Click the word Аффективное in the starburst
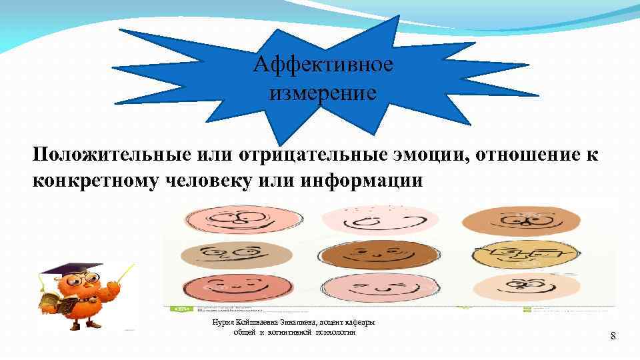click(x=323, y=65)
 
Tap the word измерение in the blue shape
click(x=323, y=92)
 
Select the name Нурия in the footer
click(x=223, y=323)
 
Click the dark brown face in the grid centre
click(x=368, y=256)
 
